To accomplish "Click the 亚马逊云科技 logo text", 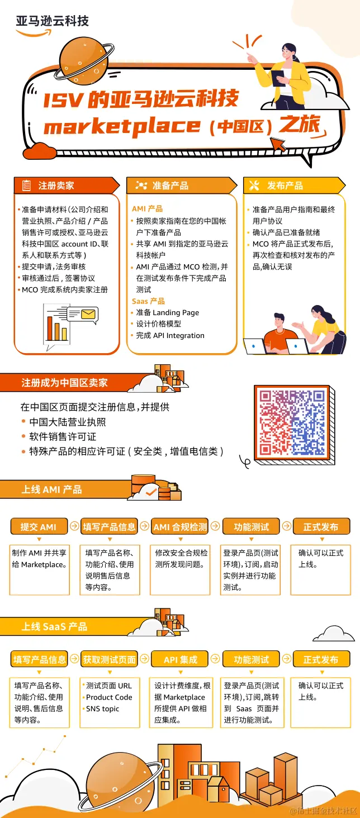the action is pos(52,21).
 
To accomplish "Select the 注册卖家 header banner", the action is pos(67,186).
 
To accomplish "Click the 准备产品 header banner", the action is pos(182,186).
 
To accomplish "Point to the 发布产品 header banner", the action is pos(294,186).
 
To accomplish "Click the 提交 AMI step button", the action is pos(39,526).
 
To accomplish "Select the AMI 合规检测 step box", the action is pos(180,526).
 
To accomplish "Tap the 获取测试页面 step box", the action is pos(109,659).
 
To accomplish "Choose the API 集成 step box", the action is pos(180,659).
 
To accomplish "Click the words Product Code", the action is pos(109,697).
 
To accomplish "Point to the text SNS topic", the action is pos(102,708).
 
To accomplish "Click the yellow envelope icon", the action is pos(88,313).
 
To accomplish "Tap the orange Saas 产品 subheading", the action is pos(148,301).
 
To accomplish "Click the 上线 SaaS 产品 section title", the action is pos(54,626).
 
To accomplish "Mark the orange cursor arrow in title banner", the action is pos(278,145).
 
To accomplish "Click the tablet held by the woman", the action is pos(278,78).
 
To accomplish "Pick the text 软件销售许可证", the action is pos(63,436).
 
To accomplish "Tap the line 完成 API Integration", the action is pos(170,335).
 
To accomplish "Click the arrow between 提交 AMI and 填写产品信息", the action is pos(74,526).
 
